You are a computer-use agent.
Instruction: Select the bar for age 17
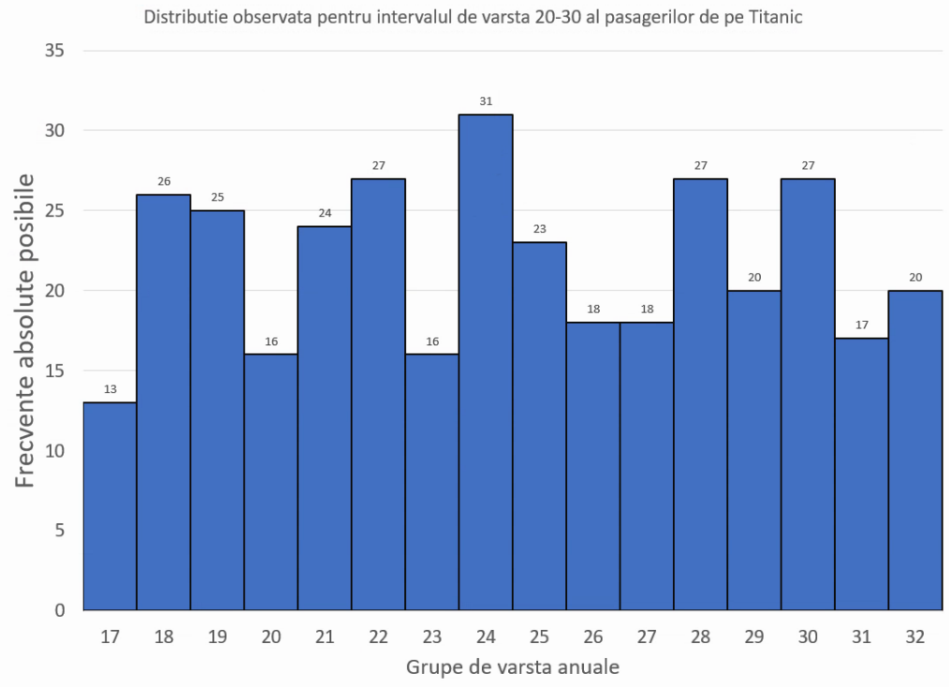109,505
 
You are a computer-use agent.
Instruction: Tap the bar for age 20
271,481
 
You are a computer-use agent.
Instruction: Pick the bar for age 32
915,449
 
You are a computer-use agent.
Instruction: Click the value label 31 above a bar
486,101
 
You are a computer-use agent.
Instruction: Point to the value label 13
109,389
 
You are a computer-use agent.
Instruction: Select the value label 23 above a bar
540,229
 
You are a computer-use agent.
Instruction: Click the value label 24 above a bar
325,213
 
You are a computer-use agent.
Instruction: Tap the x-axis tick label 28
701,637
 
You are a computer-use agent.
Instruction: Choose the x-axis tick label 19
217,637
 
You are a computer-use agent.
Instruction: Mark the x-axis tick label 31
862,637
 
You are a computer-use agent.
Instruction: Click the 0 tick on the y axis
58,610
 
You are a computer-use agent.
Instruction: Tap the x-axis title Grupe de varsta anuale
513,668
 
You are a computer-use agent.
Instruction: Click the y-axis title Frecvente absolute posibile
25,329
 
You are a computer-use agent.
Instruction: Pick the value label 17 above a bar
862,326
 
